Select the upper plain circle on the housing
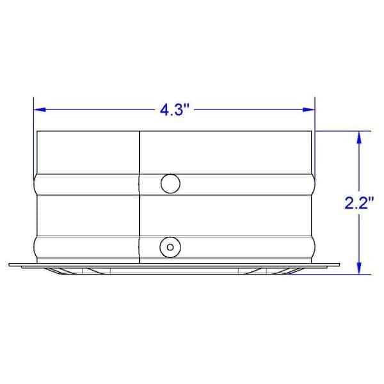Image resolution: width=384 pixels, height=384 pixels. click(x=170, y=183)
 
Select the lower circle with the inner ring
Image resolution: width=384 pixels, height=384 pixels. click(x=170, y=245)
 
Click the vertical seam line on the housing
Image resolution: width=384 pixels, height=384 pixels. click(x=139, y=192)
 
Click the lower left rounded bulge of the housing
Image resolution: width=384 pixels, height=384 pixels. click(x=35, y=245)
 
